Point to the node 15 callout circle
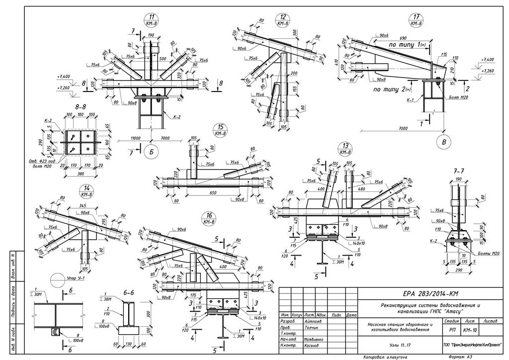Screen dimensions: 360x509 click(219, 130)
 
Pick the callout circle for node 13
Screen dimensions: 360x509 click(344, 148)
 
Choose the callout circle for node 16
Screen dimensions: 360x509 click(208, 218)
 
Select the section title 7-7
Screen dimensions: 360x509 click(459, 171)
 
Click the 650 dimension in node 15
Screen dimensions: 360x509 click(212, 192)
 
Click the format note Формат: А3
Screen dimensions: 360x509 click(461, 357)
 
